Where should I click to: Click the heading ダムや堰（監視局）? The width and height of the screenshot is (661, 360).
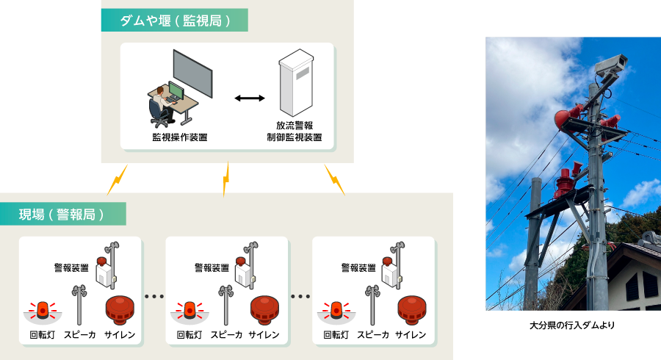tap(174, 21)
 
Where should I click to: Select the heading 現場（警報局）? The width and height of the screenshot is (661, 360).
tap(62, 215)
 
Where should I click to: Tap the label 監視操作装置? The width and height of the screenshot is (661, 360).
tap(179, 137)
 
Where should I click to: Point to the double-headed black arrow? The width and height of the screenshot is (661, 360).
tap(250, 98)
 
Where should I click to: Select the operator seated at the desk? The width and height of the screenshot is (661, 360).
tap(162, 105)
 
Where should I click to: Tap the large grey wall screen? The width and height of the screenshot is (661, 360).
tap(193, 73)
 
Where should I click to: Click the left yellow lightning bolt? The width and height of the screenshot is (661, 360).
tap(118, 179)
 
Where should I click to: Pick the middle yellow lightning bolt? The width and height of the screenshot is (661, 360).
tap(227, 179)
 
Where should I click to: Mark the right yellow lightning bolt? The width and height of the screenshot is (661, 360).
tap(335, 179)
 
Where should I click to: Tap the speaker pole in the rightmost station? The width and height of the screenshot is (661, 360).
tap(372, 304)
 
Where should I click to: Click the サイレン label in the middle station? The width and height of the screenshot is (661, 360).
tap(264, 335)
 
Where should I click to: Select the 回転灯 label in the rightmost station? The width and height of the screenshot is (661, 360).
tap(337, 335)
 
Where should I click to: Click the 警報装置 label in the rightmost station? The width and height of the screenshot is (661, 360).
tap(359, 268)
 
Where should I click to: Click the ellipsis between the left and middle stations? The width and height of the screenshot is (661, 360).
tap(154, 297)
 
